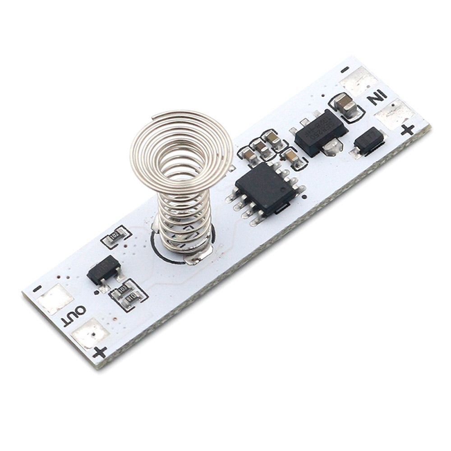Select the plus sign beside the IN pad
point(408,130)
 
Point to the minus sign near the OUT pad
point(38,288)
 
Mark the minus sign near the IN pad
point(345,70)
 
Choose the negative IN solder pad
point(359,81)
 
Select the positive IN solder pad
point(394,113)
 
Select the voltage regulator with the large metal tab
point(321,131)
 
